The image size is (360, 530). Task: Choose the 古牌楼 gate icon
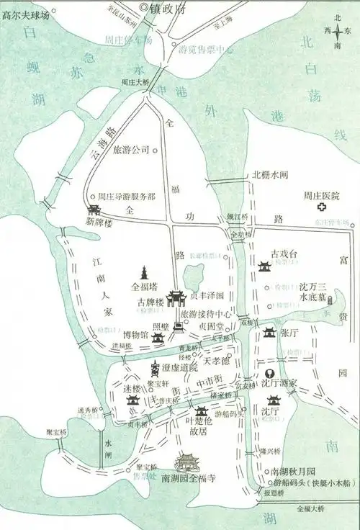click(176, 298)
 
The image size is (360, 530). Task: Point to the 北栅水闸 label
click(269, 175)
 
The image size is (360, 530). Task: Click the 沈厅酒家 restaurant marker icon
click(269, 373)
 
